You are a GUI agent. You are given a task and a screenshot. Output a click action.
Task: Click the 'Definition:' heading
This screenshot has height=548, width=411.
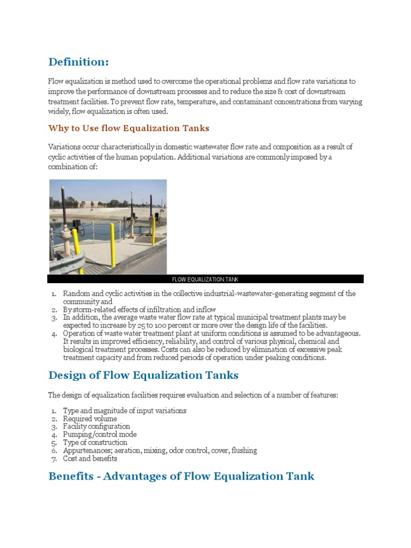78,62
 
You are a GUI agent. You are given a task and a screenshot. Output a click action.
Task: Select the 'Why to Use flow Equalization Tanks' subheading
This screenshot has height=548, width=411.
128,128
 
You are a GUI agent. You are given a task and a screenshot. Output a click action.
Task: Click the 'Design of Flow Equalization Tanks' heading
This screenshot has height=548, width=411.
143,375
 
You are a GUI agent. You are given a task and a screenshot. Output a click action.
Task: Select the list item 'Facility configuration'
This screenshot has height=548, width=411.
96,427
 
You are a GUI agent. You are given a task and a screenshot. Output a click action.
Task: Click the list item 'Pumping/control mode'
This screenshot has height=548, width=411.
100,435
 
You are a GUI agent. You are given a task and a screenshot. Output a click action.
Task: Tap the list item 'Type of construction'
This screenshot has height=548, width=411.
95,443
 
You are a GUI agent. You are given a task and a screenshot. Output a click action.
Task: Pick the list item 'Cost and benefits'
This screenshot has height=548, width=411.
90,459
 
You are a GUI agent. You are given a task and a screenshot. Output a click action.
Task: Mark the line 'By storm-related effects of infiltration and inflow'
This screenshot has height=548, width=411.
139,309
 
